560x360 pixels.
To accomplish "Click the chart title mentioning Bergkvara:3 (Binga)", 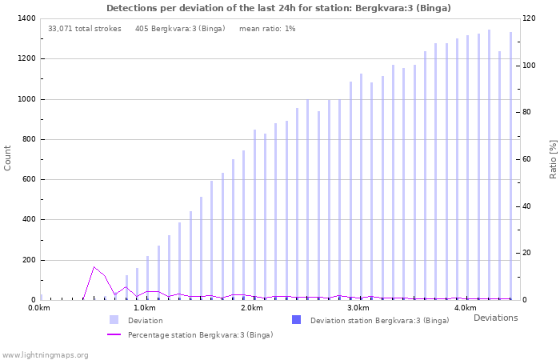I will pos(278,8).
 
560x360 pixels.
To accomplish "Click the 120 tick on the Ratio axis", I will pos(529,18).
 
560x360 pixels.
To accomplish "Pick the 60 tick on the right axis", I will pos(526,159).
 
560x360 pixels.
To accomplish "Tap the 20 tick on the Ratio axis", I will pos(526,253).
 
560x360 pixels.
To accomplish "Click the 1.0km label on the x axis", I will pos(144,308).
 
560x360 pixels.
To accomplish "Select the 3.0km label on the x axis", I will pos(358,308).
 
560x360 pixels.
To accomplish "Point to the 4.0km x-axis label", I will pos(465,308).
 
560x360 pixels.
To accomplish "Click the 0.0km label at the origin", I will pos(38,308).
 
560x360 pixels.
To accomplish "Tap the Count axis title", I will pos(8,158).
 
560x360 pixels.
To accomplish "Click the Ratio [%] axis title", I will pos(553,158).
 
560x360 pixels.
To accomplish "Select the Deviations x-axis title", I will pos(495,318).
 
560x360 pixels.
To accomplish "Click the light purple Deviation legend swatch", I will pos(114,320).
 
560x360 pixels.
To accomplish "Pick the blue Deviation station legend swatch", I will pos(297,320).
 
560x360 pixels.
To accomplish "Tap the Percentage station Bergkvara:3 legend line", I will pos(114,334).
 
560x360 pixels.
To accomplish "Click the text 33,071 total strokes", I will pos(85,29).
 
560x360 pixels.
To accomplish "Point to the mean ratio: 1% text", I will pos(267,29).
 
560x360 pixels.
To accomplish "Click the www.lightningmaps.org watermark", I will pos(46,354).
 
